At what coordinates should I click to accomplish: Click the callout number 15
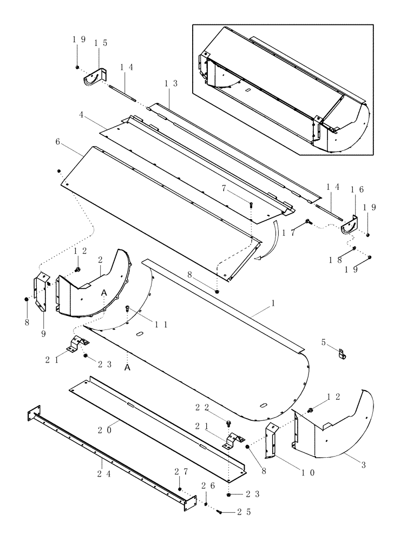[x=100, y=43]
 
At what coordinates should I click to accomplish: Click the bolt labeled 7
[x=252, y=204]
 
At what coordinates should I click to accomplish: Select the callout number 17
[x=294, y=232]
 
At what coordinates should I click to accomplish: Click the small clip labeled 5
[x=342, y=354]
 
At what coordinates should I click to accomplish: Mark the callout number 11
[x=145, y=325]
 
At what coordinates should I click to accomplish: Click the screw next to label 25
[x=219, y=511]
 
